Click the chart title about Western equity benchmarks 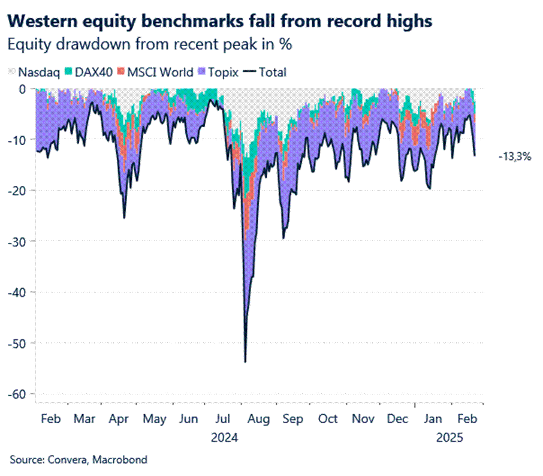(221, 22)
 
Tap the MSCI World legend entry (158, 73)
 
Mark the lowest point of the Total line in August (245, 361)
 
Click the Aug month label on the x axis (260, 418)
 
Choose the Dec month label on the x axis (398, 418)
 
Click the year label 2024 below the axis (225, 438)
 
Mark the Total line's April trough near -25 (124, 217)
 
